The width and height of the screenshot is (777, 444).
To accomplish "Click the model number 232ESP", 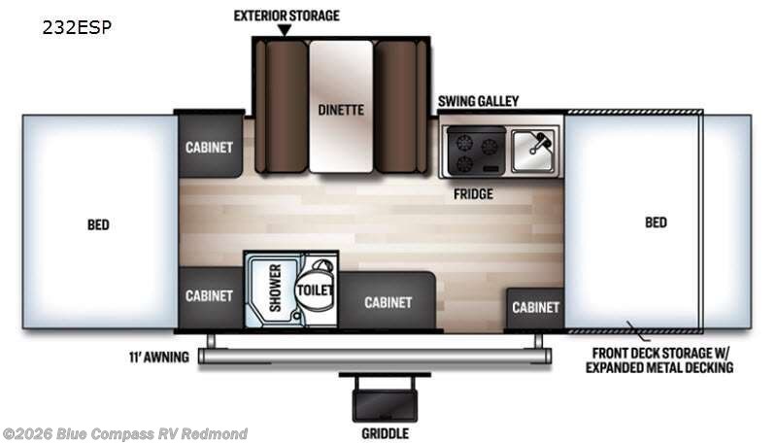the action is point(77,28).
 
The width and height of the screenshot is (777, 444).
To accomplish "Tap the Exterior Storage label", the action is point(287,16).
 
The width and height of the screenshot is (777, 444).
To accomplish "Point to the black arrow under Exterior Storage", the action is point(284,31).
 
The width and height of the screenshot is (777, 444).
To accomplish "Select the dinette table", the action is point(341,107).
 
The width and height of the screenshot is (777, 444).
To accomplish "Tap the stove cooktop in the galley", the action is point(476,151).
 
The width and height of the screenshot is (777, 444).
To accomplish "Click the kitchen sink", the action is point(533,150).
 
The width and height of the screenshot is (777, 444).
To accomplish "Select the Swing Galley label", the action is point(478,101).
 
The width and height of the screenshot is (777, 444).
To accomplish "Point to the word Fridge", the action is point(473,193).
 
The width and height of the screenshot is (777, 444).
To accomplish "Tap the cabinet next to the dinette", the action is point(210,146).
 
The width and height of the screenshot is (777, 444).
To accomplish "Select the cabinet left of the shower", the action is point(210,297).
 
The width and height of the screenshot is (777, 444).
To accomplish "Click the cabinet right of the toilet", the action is point(387,300).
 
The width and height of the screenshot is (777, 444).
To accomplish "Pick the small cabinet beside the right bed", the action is point(535,308).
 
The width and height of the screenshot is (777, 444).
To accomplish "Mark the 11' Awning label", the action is point(159,357).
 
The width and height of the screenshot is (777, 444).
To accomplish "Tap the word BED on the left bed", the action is point(98,225).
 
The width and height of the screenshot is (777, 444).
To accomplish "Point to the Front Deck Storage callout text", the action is point(659,360).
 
